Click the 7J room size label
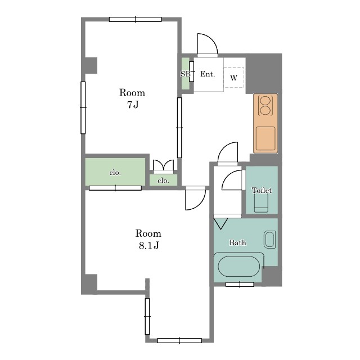coord(133,105)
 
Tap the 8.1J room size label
coord(148,246)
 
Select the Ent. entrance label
coord(208,74)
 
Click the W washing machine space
coord(234,78)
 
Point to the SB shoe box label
coord(185,74)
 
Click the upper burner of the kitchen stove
coord(265,101)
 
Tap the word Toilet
coord(262,190)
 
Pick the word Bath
coord(237,242)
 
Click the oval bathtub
coord(239,266)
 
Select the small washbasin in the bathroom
coord(269,240)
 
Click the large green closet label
coord(115,173)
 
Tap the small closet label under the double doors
coord(163,181)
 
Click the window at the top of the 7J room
coord(135,19)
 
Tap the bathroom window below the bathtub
coord(240,285)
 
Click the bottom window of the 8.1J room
coord(179,340)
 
